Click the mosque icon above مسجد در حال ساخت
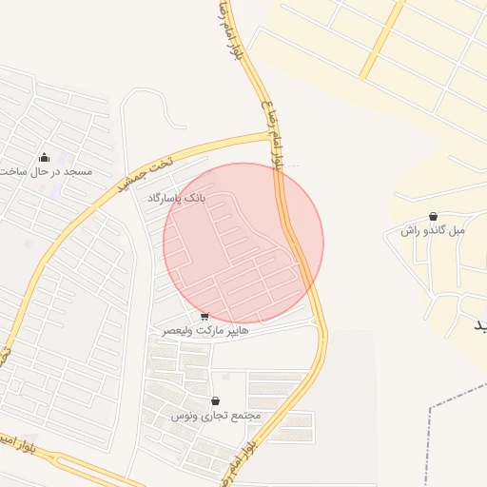44,157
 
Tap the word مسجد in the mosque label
77,171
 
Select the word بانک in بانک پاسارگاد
192,199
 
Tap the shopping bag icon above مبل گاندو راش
434,217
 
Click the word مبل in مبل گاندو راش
458,231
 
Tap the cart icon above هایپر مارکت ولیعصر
205,316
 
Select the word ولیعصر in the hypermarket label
175,330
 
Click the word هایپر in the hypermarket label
235,330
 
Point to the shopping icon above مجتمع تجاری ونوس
215,401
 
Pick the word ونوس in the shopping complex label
184,417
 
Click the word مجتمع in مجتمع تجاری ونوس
244,417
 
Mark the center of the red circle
243,243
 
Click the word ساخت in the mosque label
10,171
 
